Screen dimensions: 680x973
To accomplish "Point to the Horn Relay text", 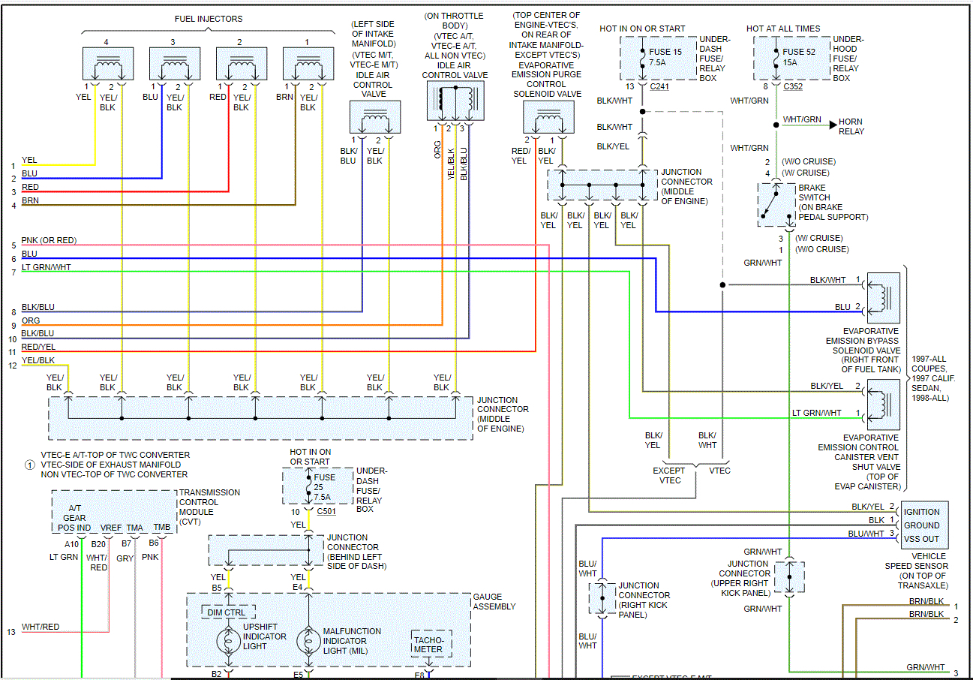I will [851, 126].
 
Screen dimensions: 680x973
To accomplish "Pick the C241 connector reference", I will [660, 86].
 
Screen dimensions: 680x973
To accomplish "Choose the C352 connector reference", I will [794, 86].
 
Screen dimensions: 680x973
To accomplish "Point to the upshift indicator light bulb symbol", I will [229, 641].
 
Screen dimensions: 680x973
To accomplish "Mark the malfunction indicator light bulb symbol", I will [308, 641].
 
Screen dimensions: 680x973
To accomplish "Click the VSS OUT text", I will [921, 539].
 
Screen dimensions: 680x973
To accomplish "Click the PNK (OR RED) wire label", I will [49, 240].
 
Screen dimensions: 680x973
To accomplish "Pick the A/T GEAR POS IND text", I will [75, 518].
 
